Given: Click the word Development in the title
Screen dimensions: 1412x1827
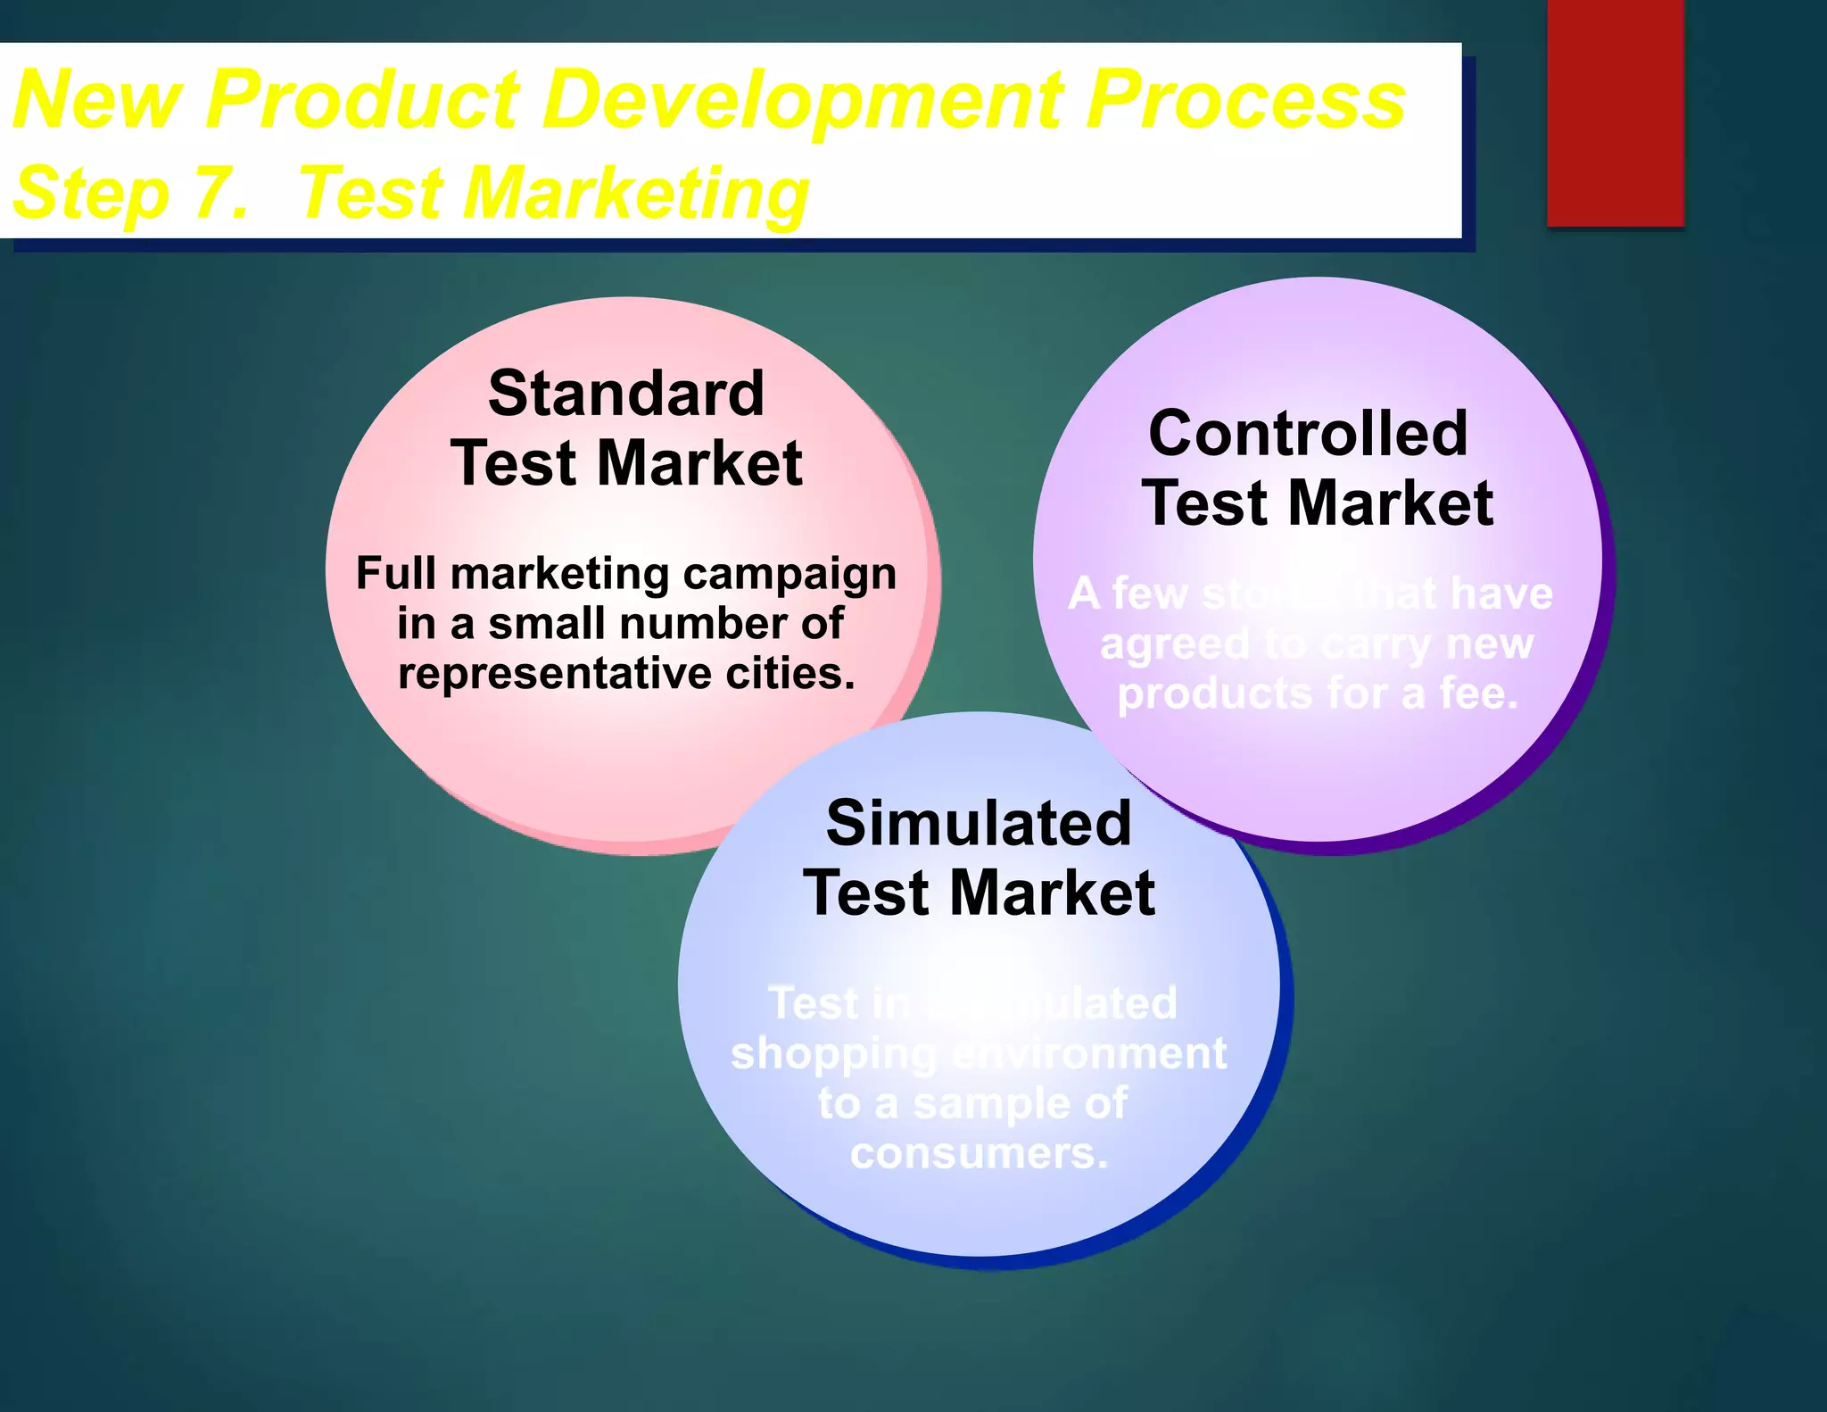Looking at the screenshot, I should (x=803, y=100).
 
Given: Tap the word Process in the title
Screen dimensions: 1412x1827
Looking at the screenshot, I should (x=1246, y=100).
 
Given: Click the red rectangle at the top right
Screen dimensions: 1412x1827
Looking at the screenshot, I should (x=1615, y=112).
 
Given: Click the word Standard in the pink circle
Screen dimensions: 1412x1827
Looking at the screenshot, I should (x=626, y=394).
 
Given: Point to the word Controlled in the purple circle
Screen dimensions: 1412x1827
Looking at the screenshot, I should (x=1308, y=434).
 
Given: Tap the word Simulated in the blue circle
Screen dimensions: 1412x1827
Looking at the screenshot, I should (x=979, y=823).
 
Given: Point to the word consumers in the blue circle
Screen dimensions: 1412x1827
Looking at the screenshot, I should (x=979, y=1153).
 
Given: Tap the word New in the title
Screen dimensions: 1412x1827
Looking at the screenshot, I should (x=98, y=100).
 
